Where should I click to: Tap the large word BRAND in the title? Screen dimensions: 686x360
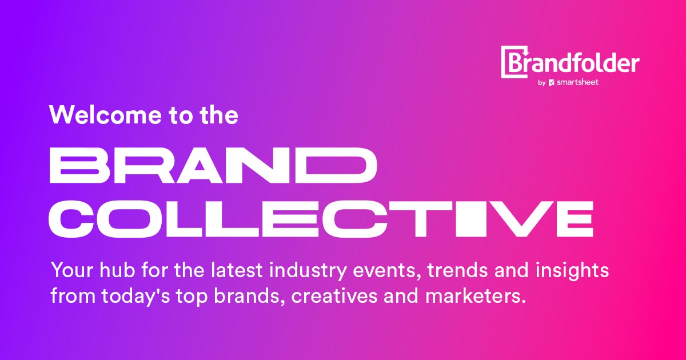coord(213,165)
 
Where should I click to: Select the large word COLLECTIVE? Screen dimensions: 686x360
coord(321,218)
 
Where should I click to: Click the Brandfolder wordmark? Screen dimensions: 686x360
coord(571,62)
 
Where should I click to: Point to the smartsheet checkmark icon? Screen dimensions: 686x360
coord(552,83)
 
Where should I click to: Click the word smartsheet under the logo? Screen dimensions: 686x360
coord(577,82)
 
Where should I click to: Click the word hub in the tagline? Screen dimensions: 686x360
coord(117,270)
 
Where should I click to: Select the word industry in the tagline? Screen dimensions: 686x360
coord(308,271)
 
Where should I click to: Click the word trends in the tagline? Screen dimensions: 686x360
coord(457,271)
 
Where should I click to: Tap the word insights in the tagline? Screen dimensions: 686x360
coord(572,271)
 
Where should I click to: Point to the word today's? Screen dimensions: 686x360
coord(135,297)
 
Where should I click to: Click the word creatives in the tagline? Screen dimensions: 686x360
coord(334,296)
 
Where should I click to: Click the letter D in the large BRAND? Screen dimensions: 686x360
coord(341,165)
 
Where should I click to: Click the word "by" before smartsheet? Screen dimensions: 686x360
coord(542,83)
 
